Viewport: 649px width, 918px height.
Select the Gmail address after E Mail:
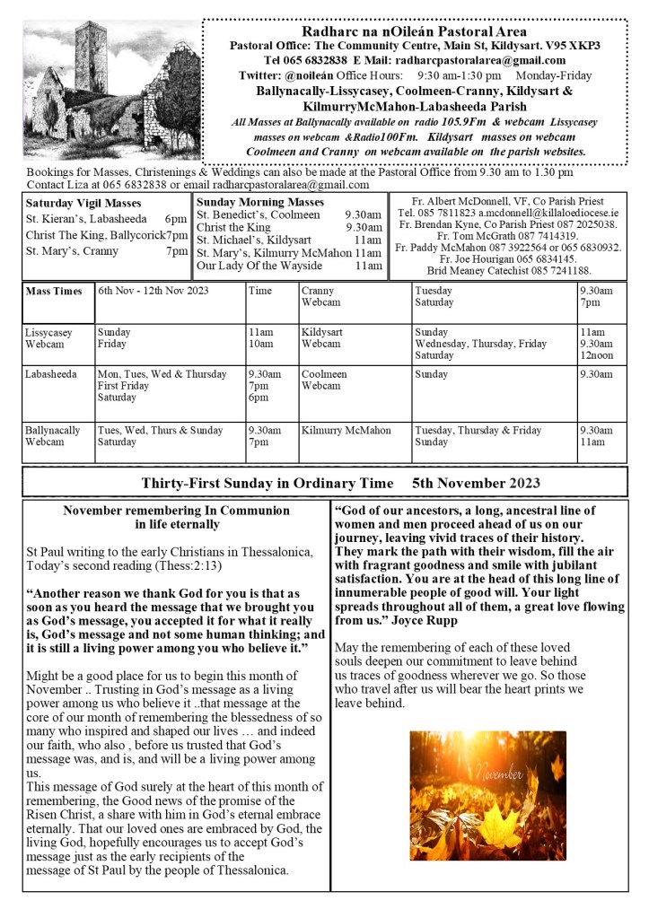[x=514, y=60]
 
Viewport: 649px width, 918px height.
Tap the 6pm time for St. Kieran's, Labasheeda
[x=175, y=219]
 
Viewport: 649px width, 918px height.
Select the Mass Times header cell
[x=54, y=292]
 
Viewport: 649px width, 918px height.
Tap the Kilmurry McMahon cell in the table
[x=346, y=430]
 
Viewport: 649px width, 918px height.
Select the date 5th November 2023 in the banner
[x=477, y=483]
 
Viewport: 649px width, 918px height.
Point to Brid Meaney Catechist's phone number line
[x=509, y=270]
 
